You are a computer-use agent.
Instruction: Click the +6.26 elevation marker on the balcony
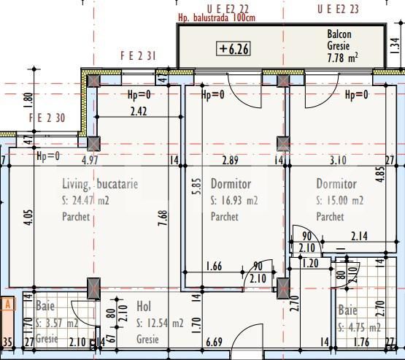[234, 49]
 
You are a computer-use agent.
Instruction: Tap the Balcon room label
[339, 34]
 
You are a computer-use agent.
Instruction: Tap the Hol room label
[144, 307]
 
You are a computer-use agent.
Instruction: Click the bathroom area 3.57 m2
[61, 323]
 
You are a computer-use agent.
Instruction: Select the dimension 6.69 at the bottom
[214, 342]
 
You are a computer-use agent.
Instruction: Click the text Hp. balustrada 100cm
[215, 18]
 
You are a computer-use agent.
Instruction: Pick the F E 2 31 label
[139, 55]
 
